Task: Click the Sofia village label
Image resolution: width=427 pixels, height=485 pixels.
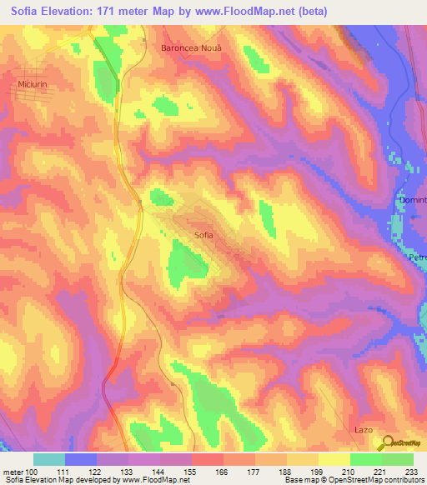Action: coord(203,235)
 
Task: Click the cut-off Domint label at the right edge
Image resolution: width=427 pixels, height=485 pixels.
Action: coord(412,200)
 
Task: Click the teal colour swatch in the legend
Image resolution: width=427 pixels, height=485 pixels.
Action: coord(49,459)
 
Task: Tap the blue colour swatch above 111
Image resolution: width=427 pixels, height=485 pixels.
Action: coord(81,459)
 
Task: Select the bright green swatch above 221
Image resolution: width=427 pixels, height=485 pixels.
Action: coord(366,459)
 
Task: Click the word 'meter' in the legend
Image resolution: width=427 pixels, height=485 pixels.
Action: coord(13,472)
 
